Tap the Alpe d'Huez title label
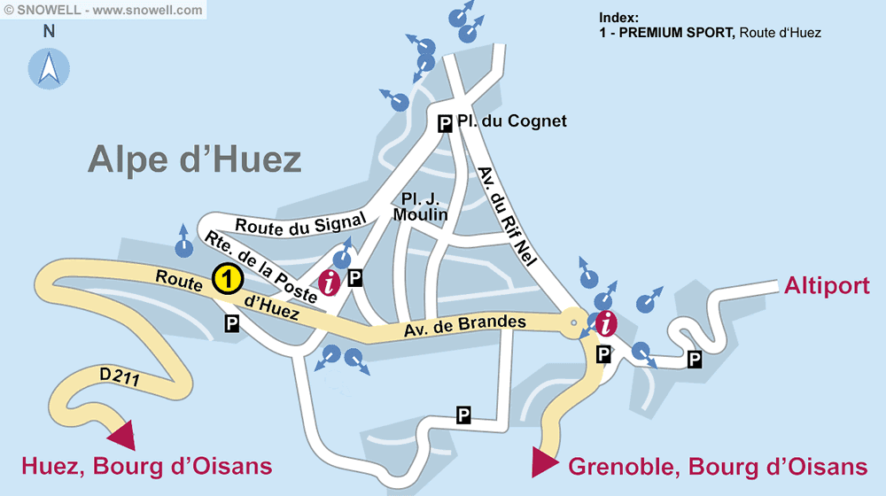pyautogui.click(x=194, y=160)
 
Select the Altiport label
pyautogui.click(x=827, y=286)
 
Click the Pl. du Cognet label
pyautogui.click(x=512, y=121)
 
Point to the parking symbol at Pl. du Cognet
pyautogui.click(x=446, y=123)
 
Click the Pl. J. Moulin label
pyautogui.click(x=421, y=206)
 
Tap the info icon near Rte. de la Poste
pyautogui.click(x=330, y=283)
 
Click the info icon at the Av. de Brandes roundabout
pyautogui.click(x=606, y=323)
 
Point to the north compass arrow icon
pyautogui.click(x=49, y=69)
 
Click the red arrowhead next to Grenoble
pyautogui.click(x=543, y=461)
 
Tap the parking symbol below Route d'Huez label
pyautogui.click(x=231, y=324)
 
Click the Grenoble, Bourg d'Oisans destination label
pyautogui.click(x=717, y=467)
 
